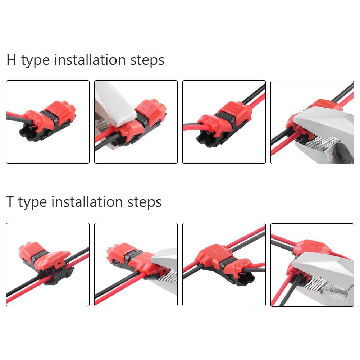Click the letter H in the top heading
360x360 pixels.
pos(12,60)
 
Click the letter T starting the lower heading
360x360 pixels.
pos(10,202)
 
